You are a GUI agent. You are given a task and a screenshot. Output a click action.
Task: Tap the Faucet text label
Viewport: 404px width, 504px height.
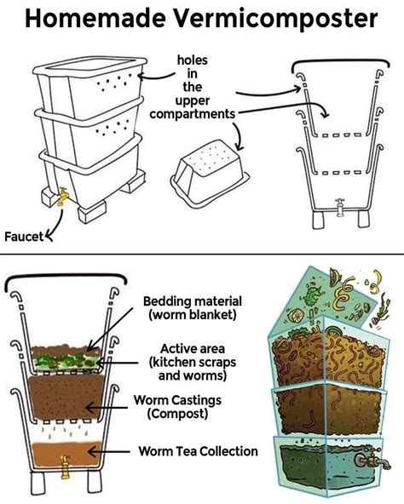coord(23,236)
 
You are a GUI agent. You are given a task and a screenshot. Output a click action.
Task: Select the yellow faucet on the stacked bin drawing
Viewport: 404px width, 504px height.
coord(61,198)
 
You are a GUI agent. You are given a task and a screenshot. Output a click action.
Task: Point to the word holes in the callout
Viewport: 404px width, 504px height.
coord(193,60)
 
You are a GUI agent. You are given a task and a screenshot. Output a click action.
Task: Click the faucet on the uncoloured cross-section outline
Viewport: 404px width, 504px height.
coord(338,205)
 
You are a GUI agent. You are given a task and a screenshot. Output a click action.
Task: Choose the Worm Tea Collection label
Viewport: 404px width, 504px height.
coord(198,450)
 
